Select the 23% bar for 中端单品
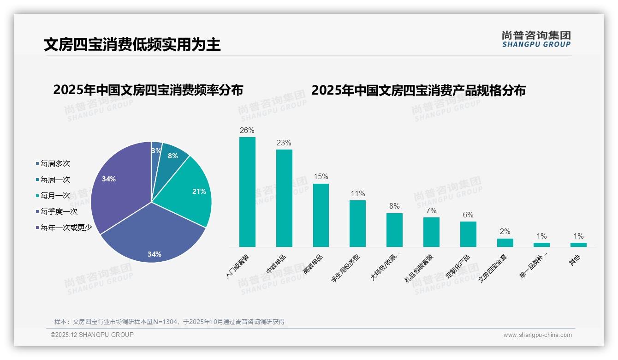coord(284,198)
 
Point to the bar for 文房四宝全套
coord(505,243)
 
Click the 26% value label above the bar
coord(247,131)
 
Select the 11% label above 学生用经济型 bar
coord(357,194)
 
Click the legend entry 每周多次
coord(55,164)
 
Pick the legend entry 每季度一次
coord(59,212)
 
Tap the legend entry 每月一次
coord(55,196)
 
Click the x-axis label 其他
coord(575,260)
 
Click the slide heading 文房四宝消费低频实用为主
coord(132,45)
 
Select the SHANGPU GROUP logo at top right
coord(536,39)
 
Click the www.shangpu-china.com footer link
coord(537,335)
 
